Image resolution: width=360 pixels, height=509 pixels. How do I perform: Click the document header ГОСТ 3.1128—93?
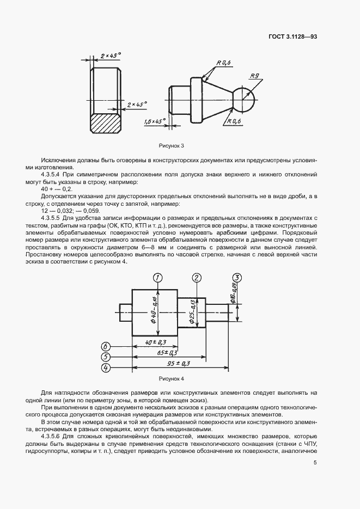[292, 36]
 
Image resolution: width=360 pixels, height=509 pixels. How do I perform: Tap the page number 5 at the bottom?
[315, 463]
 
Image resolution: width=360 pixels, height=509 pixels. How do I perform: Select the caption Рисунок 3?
[172, 146]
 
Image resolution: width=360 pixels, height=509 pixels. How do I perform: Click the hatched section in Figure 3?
[105, 120]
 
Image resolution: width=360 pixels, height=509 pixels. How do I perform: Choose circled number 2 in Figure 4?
[197, 278]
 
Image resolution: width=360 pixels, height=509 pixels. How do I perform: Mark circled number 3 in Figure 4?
[237, 278]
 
